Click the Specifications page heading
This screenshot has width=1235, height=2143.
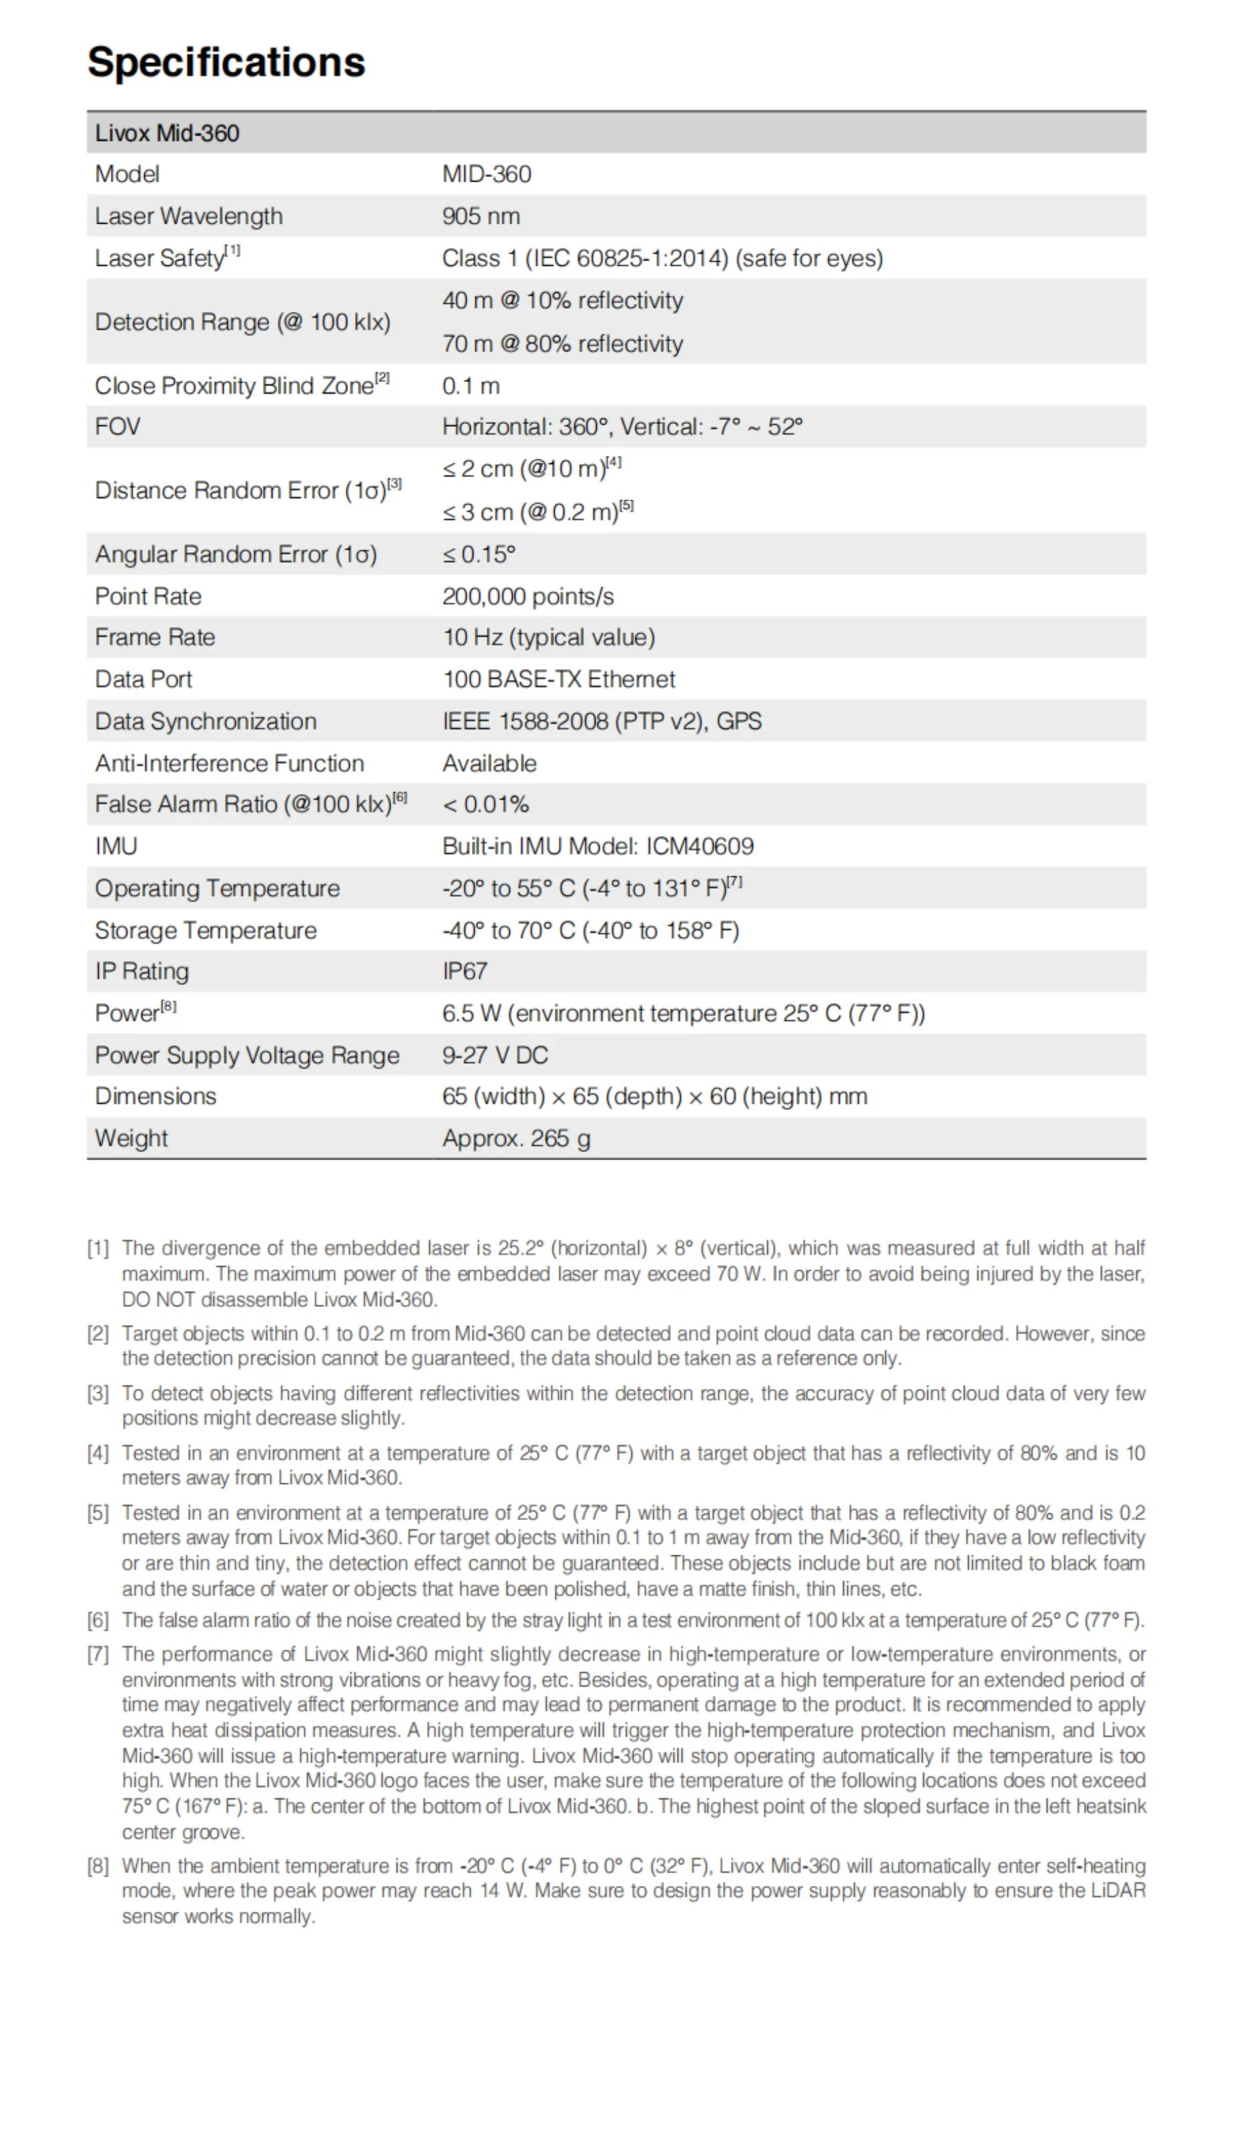tap(226, 62)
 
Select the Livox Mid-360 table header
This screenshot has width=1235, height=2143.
tap(167, 133)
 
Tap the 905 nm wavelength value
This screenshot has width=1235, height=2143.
tap(480, 216)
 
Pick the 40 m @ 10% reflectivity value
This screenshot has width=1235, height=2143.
tap(561, 301)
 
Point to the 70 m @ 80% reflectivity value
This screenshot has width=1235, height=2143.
tap(561, 344)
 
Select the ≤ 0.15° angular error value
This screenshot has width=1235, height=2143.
tap(479, 554)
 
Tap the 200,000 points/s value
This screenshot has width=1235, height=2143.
tap(527, 596)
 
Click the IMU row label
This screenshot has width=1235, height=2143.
tap(116, 846)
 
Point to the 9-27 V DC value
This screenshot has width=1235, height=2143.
tap(495, 1054)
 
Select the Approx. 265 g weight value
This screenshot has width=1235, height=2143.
tap(516, 1138)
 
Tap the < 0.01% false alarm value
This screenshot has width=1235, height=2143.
tap(485, 804)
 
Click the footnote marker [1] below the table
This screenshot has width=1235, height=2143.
tap(98, 1248)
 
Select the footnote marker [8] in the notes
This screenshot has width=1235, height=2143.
tap(98, 1866)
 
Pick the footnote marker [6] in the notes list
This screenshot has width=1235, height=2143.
tap(98, 1620)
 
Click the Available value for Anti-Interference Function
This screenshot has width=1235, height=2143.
tap(489, 763)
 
